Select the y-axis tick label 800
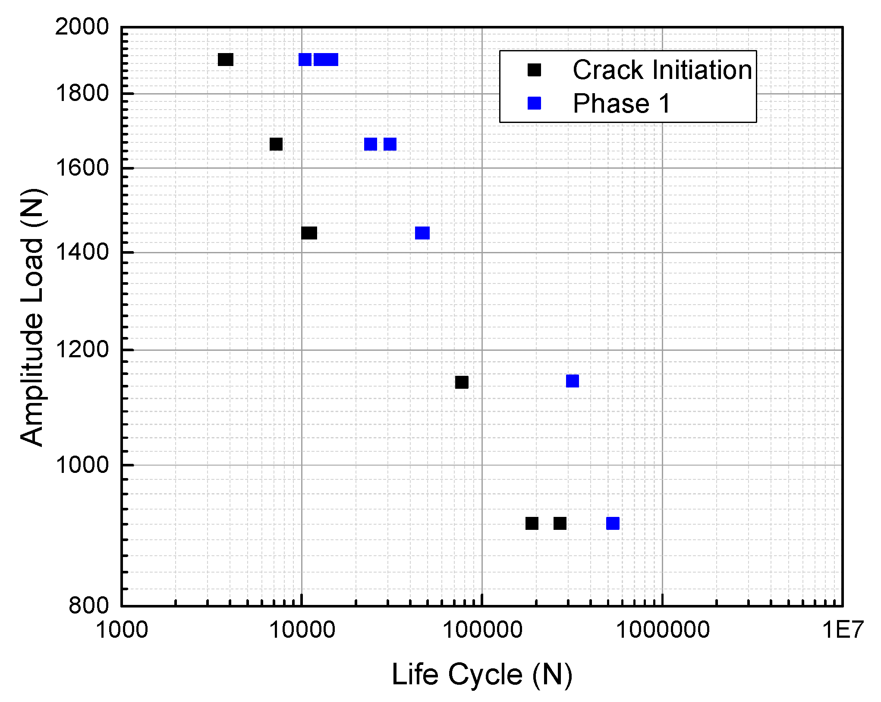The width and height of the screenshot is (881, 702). (89, 605)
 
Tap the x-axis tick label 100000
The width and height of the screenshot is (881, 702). (482, 630)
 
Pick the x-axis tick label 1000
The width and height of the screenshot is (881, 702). (122, 630)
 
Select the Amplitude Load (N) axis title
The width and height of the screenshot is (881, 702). (32, 317)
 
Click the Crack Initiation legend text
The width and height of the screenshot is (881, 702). (662, 70)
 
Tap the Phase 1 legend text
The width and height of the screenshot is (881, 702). (622, 104)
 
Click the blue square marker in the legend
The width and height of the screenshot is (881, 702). (534, 103)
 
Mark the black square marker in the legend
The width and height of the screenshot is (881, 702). (534, 69)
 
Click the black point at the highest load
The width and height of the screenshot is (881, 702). (226, 60)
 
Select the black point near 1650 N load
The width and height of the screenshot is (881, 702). (276, 144)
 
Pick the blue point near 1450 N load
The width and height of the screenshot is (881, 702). (422, 233)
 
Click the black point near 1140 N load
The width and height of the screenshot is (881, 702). (462, 382)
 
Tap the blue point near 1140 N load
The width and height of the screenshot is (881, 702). (572, 381)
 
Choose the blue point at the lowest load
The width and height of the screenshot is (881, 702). (613, 523)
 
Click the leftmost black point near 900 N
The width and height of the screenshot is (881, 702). (532, 523)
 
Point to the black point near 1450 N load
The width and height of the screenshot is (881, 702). (309, 233)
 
